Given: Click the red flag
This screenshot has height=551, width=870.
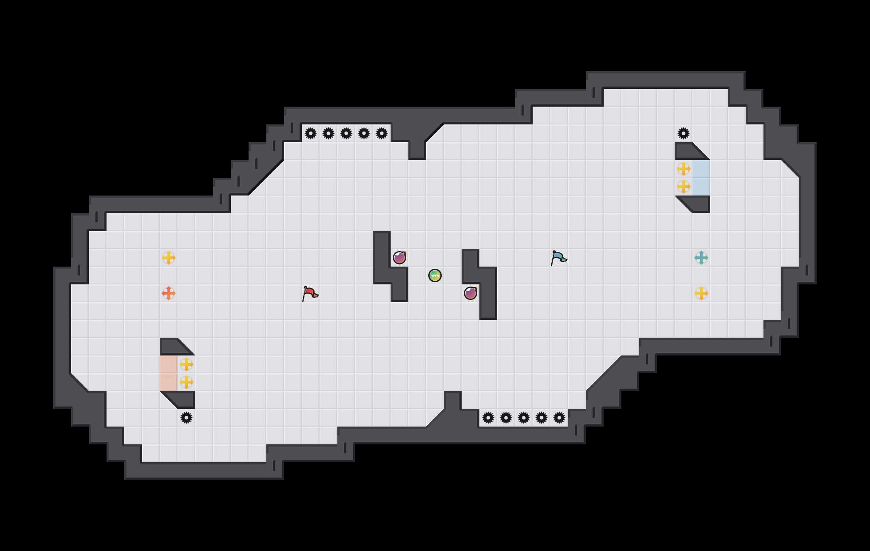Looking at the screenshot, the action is [310, 293].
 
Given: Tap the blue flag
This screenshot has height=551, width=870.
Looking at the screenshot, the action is [558, 258].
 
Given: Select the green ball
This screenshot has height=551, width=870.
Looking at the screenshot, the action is [435, 275].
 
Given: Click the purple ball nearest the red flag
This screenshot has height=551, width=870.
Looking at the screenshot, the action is [399, 258].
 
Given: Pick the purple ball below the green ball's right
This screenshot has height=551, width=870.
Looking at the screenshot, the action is [471, 293].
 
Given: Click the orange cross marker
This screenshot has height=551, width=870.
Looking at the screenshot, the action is [169, 293].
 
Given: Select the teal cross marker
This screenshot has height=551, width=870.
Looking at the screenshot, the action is [701, 258].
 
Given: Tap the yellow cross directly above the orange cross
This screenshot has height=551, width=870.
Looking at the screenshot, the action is [169, 258].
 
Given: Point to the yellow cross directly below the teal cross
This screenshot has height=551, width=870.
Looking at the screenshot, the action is [701, 293].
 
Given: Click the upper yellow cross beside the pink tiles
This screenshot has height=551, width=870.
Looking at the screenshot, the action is [186, 364].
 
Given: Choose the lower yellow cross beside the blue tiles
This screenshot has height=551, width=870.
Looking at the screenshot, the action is [684, 187].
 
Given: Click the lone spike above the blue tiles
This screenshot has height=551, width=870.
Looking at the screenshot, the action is [684, 133].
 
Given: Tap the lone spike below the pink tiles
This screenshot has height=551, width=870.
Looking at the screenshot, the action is [186, 418].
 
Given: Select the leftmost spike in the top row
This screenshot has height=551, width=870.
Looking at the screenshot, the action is [311, 133].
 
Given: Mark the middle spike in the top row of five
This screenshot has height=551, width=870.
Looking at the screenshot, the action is [346, 133].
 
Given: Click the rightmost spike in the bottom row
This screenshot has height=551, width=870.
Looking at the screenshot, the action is [559, 418].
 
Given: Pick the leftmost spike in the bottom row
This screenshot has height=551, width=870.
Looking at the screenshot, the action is [488, 418].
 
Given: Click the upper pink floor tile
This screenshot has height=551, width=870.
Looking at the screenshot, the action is [169, 364].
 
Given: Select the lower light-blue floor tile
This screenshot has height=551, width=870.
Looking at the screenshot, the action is [701, 187].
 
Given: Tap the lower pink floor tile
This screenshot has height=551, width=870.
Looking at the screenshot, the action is [169, 382].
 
